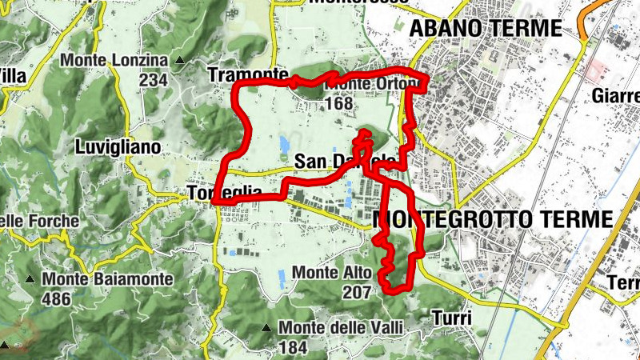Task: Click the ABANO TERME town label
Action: [486, 28]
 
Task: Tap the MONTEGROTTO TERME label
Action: [493, 218]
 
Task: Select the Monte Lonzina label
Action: [115, 61]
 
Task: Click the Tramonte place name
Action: [242, 74]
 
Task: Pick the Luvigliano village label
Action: [118, 147]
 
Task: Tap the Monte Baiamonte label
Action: [109, 279]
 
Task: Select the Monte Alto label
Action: [332, 273]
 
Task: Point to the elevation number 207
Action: [356, 293]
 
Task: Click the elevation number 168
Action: [340, 103]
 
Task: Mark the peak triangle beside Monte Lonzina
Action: [180, 61]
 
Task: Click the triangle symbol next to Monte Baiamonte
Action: [30, 279]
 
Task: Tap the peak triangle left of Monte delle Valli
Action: [266, 328]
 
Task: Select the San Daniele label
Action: [344, 161]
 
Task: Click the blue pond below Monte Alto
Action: [282, 279]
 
